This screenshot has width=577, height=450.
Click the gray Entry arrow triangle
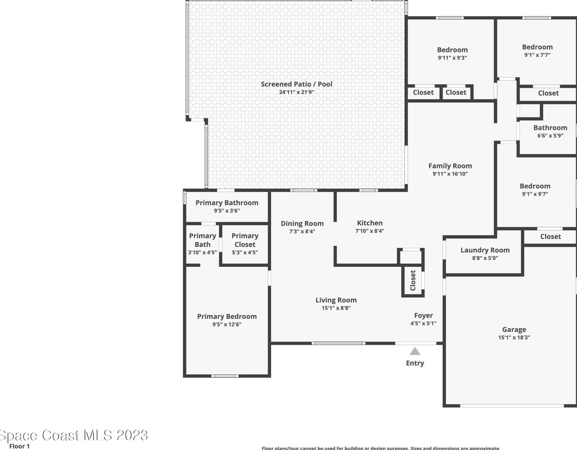(x=415, y=351)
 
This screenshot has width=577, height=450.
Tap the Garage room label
(x=514, y=329)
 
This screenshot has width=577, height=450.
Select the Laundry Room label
(x=485, y=250)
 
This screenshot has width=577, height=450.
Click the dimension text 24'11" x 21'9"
(x=296, y=92)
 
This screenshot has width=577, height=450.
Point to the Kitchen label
(x=370, y=223)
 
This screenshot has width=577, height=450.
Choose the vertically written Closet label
(x=413, y=280)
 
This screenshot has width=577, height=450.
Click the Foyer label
(x=423, y=315)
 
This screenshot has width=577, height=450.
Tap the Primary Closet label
(x=245, y=240)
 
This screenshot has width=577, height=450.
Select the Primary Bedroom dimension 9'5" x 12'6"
(x=227, y=324)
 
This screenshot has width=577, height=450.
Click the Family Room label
(x=450, y=166)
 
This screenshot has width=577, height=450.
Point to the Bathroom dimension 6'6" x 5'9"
(x=550, y=136)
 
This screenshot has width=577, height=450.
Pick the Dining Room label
(x=302, y=224)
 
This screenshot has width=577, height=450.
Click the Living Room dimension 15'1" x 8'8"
(x=336, y=308)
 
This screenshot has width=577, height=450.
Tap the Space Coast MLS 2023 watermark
(x=74, y=435)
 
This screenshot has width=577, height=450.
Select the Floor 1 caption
(x=19, y=446)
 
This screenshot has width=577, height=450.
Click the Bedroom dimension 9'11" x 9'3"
(x=452, y=58)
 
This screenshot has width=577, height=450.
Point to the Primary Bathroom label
(x=227, y=203)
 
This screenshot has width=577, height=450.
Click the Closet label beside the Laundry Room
(x=550, y=236)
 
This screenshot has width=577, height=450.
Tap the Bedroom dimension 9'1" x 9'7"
(x=535, y=194)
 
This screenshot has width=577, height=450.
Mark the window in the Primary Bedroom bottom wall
(x=225, y=376)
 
